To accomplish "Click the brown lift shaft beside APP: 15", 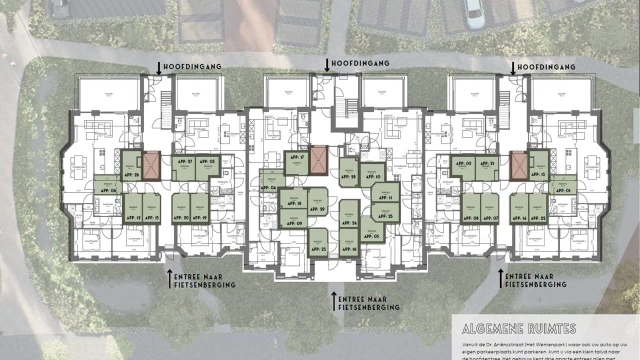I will click(518, 165).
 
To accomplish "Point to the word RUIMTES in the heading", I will click(551, 328).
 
